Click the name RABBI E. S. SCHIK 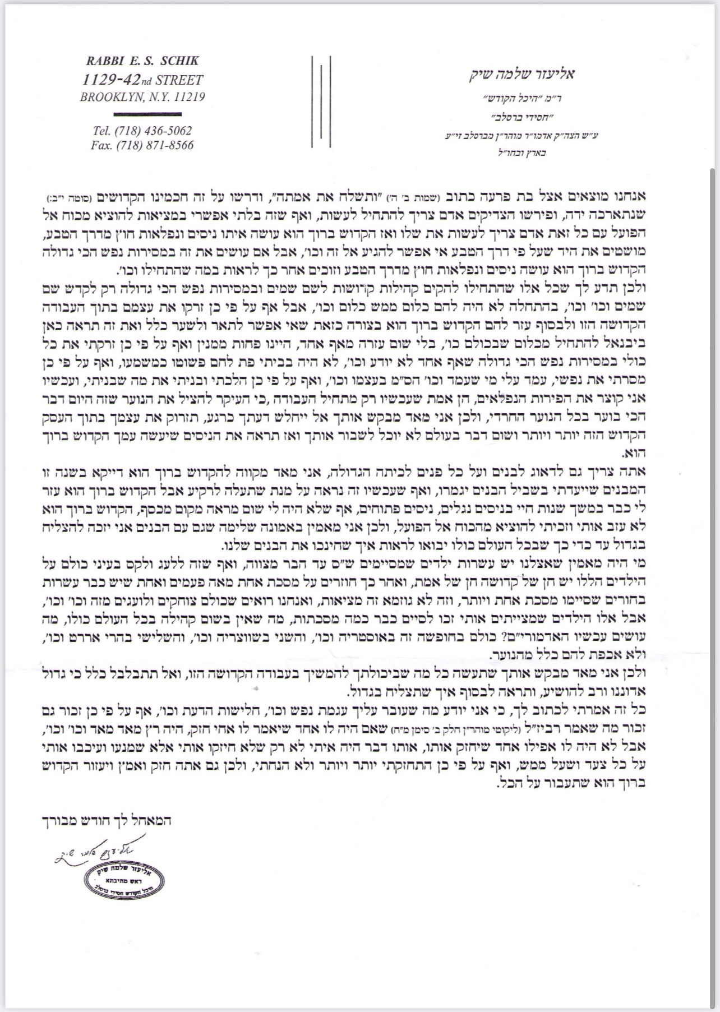142,61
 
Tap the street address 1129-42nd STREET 142,80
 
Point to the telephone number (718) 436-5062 153,131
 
